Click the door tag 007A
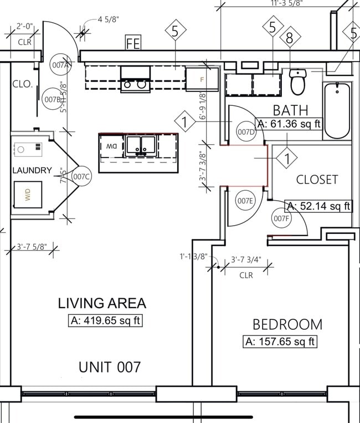coord(60,65)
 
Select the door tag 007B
coord(52,100)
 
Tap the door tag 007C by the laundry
coord(81,177)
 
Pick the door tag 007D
coord(245,132)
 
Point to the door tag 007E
coord(245,201)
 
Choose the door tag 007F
coord(281,218)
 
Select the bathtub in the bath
coord(337,110)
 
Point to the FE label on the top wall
coord(133,43)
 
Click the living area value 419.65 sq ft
coord(107,320)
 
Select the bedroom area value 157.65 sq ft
coord(280,341)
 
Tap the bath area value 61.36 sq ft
coord(289,124)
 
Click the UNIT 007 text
coord(109,366)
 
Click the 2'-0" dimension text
coord(25,26)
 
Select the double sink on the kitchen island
coord(140,146)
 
